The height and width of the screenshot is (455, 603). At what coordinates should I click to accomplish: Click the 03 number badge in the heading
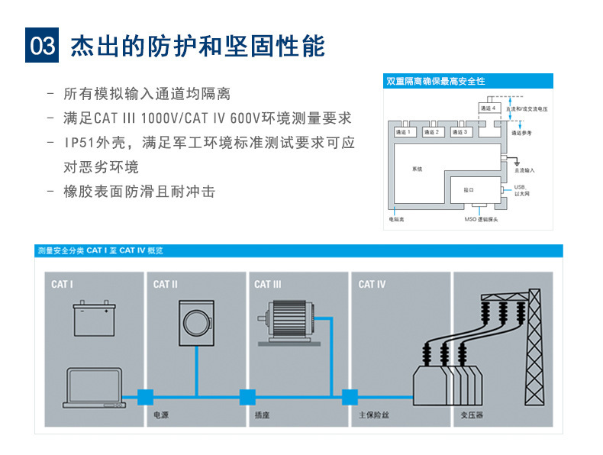pos(42,46)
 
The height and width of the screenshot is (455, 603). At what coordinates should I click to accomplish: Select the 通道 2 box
pos(432,132)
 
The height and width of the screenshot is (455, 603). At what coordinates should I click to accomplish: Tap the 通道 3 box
pos(460,132)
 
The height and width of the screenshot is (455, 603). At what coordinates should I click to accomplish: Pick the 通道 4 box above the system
pos(489,108)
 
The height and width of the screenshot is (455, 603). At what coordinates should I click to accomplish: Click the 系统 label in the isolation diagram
pos(417,169)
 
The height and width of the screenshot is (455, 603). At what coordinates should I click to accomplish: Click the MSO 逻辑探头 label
pos(481,219)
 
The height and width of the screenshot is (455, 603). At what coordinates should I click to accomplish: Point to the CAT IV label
pos(372,285)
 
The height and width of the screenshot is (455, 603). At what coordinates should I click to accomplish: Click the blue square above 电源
pos(145,397)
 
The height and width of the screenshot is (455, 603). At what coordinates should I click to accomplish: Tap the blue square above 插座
pos(247,397)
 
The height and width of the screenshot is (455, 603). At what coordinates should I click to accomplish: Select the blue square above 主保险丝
pos(350,397)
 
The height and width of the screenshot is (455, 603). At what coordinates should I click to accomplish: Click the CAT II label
pos(165,285)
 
